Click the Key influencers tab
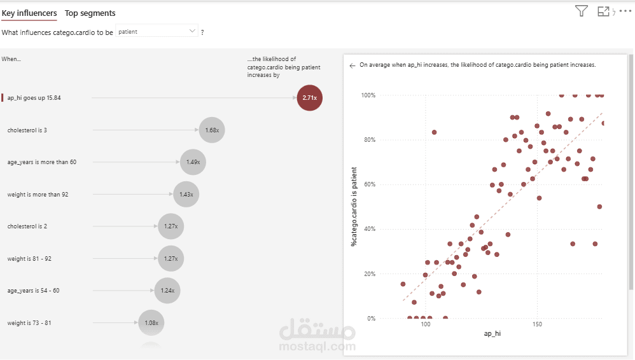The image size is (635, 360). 29,13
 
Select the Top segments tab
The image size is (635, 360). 90,13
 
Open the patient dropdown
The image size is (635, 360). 157,31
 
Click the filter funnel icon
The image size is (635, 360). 581,11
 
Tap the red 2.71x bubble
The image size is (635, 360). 310,98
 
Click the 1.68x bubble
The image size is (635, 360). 212,130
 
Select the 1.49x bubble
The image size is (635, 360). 193,162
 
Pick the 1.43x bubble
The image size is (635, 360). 186,194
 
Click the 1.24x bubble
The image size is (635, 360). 167,291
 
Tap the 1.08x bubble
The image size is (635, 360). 151,322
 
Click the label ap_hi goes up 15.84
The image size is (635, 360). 34,98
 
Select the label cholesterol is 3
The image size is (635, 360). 27,130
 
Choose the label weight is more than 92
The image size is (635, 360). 38,195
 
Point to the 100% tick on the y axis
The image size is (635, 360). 368,95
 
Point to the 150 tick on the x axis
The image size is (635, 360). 537,324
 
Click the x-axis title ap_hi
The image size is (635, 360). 492,333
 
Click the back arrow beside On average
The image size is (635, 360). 352,65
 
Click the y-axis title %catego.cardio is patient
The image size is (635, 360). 354,207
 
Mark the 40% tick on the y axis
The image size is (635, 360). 370,229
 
